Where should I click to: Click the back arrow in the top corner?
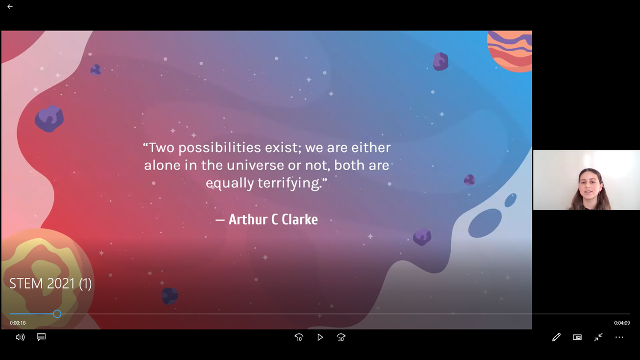[x=10, y=6]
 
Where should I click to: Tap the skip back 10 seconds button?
[x=299, y=338]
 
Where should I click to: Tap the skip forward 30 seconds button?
[x=341, y=338]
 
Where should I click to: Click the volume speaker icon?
[x=20, y=338]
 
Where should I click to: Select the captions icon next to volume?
[x=41, y=337]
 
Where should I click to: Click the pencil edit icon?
[x=556, y=338]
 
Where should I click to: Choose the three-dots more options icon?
[x=619, y=338]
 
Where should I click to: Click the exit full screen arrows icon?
[x=598, y=338]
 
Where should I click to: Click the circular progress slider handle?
[x=57, y=314]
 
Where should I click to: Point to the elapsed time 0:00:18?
[x=18, y=323]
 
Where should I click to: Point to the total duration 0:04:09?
[x=622, y=323]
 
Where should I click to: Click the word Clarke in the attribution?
[x=300, y=219]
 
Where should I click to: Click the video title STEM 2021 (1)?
[x=51, y=283]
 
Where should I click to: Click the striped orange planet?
[x=510, y=51]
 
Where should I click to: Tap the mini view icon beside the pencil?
[x=577, y=338]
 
